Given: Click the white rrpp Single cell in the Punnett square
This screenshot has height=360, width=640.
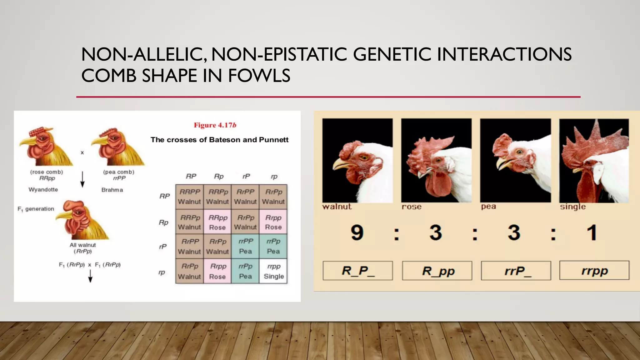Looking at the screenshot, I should click(273, 271).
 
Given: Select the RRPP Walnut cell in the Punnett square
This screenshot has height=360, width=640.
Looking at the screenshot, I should click(189, 197).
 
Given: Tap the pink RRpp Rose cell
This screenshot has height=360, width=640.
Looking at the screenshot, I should click(217, 222).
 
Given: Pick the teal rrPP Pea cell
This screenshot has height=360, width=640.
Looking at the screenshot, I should click(245, 246).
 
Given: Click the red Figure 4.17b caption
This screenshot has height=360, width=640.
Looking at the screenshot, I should click(215, 125).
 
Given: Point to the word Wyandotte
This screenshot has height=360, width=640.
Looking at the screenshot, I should click(43, 190).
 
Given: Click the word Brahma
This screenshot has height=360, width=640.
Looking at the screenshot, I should click(112, 190).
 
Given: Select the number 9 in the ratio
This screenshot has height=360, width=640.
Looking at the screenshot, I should click(357, 233).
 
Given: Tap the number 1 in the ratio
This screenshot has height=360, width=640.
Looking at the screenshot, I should click(592, 233).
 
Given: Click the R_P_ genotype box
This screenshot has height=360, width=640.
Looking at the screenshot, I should click(358, 271).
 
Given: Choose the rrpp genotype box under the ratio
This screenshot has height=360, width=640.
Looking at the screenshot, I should click(594, 271).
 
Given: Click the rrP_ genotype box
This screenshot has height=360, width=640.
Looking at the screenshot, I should click(516, 271).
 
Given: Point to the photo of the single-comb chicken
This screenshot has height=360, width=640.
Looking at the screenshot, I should click(594, 161).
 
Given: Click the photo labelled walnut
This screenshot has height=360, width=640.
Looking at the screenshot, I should click(357, 161).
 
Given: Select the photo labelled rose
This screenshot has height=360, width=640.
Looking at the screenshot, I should click(437, 161).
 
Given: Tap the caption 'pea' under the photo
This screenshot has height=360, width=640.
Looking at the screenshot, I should click(488, 207).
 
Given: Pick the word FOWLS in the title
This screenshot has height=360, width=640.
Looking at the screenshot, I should click(259, 76).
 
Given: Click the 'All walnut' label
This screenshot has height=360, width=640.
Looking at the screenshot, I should click(83, 245).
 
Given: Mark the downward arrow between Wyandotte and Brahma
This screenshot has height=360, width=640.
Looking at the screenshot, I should click(82, 179).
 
